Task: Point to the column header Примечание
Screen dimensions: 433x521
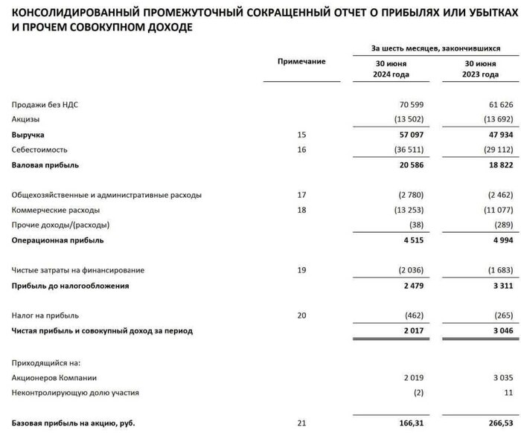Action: (301, 61)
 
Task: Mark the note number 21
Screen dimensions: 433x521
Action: (301, 423)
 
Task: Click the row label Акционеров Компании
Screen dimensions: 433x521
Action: (54, 377)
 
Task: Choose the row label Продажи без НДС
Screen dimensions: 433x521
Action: (45, 105)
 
